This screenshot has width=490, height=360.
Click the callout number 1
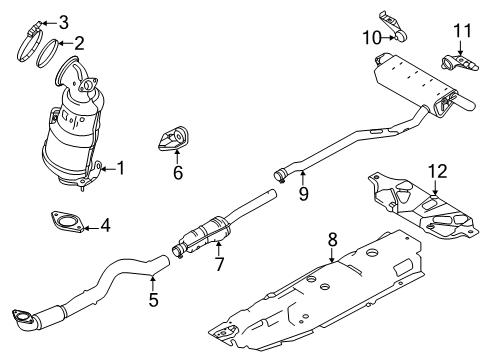(120, 169)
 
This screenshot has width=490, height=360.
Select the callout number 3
(62, 22)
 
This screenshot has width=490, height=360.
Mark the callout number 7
(218, 265)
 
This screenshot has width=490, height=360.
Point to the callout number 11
(460, 30)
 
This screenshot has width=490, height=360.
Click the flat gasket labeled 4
(65, 224)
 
